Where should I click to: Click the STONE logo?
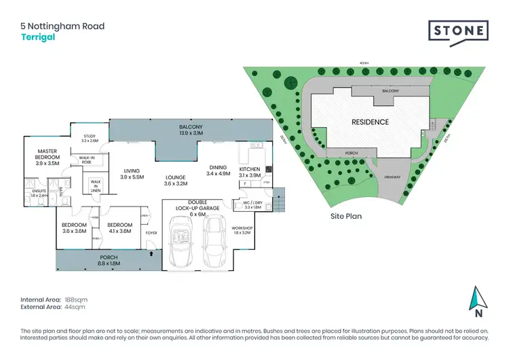(458, 31)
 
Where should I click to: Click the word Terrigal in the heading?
(37, 37)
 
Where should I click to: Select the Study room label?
(90, 138)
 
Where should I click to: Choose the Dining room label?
(218, 170)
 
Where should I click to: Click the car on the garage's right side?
(214, 242)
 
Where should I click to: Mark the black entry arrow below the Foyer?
(151, 254)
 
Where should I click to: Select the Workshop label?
(242, 230)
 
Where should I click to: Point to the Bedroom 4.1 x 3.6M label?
(119, 228)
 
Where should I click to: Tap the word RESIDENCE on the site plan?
(370, 122)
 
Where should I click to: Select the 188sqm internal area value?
(75, 299)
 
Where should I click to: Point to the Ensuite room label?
(40, 192)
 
